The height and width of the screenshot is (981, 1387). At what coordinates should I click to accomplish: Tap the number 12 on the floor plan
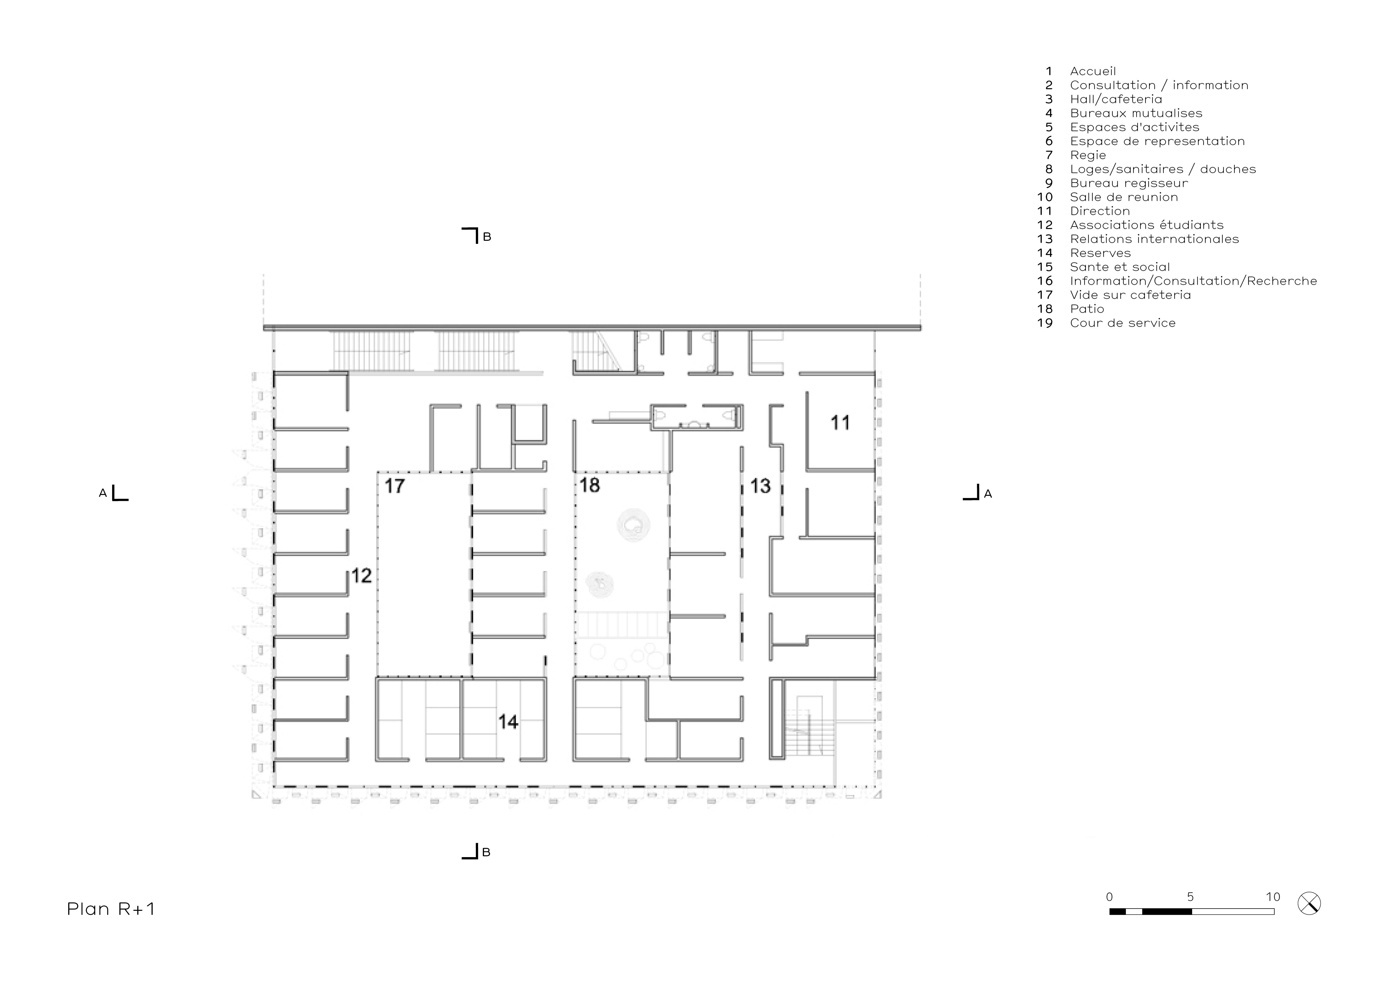[361, 576]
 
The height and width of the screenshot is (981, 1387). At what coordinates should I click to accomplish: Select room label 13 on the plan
[760, 486]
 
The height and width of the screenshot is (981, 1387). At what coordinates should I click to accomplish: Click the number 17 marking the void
[394, 486]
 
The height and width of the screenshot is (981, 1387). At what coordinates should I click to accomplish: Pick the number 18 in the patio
[590, 485]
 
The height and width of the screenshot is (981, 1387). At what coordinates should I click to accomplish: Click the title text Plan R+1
[111, 909]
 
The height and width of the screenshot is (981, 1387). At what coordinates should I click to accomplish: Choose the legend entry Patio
[1087, 309]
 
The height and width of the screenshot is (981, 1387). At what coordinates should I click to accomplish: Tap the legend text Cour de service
[1123, 323]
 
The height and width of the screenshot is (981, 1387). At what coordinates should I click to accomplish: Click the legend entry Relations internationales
[1154, 239]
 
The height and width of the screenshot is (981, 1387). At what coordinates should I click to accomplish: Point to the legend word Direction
[1100, 211]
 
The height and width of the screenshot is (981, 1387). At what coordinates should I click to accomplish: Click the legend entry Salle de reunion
[1124, 197]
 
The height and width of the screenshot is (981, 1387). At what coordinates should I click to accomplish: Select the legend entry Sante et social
[1120, 267]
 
